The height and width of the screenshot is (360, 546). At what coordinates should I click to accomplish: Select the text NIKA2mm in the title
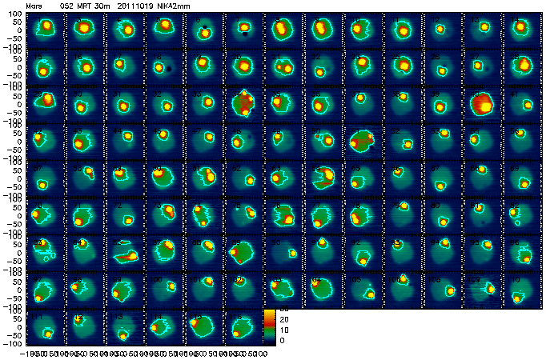tap(169, 5)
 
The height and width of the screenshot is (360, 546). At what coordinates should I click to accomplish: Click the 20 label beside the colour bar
tap(282, 318)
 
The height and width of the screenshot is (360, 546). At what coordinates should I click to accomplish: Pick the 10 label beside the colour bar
tap(282, 329)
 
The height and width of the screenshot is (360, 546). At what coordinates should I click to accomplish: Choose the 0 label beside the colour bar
tap(280, 341)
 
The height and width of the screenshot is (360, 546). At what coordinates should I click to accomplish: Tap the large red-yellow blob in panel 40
tap(483, 103)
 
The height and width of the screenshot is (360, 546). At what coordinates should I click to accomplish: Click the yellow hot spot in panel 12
tap(440, 29)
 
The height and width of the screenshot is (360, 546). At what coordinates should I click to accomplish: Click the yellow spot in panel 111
tap(47, 333)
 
